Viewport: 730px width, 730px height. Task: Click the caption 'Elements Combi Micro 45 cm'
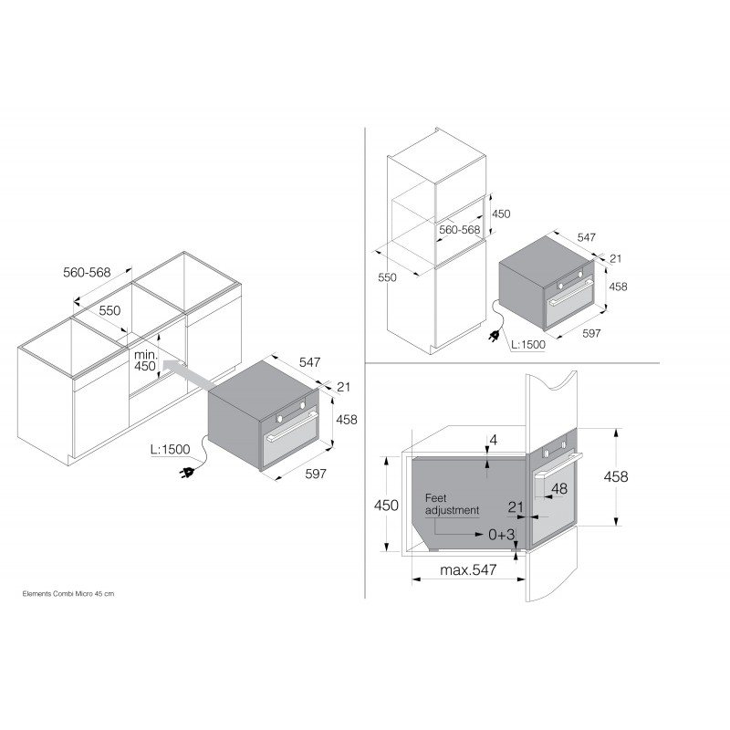[68, 594]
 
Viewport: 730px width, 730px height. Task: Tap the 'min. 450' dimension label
[145, 360]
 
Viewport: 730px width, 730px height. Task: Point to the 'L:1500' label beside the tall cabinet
[528, 345]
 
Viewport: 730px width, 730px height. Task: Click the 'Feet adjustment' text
[452, 505]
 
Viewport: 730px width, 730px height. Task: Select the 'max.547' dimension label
[468, 569]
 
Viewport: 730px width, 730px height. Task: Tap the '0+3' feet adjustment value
[501, 535]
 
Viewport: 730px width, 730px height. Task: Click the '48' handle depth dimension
[559, 488]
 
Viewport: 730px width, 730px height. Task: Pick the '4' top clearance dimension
[494, 440]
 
